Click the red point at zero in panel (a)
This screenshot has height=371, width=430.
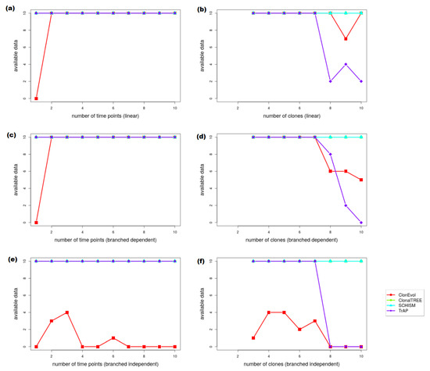pyautogui.click(x=36, y=98)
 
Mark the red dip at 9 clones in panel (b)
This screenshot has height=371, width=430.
pyautogui.click(x=346, y=39)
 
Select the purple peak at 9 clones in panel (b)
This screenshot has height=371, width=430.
pyautogui.click(x=346, y=64)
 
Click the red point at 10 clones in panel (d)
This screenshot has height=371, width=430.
pyautogui.click(x=360, y=180)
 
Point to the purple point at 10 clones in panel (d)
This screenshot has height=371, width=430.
pyautogui.click(x=360, y=222)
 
